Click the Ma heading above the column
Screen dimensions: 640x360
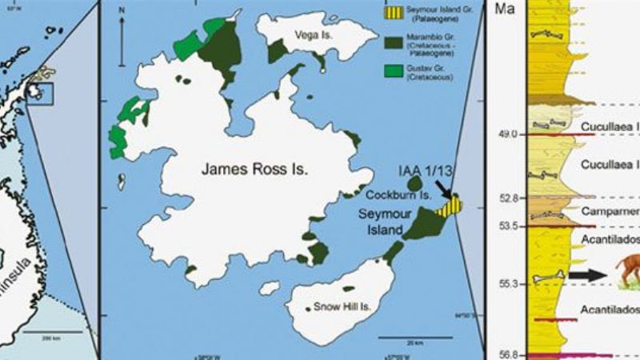(x=506, y=9)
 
